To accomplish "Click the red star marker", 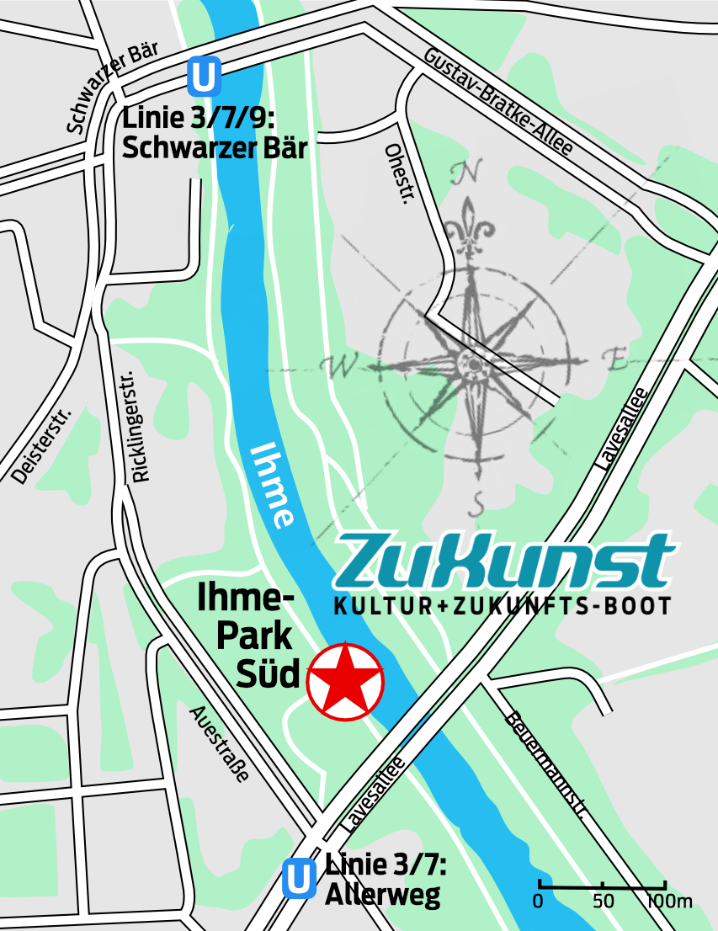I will pos(345,681).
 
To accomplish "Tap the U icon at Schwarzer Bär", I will pos(205,76).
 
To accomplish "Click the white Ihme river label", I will pos(274,485).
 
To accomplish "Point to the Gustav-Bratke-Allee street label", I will pos(498,102).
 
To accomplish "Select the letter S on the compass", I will pos(477,503).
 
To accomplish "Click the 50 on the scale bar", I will pos(603,902).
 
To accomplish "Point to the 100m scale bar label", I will pos(669,902).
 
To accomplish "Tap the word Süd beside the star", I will pos(268,674).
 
